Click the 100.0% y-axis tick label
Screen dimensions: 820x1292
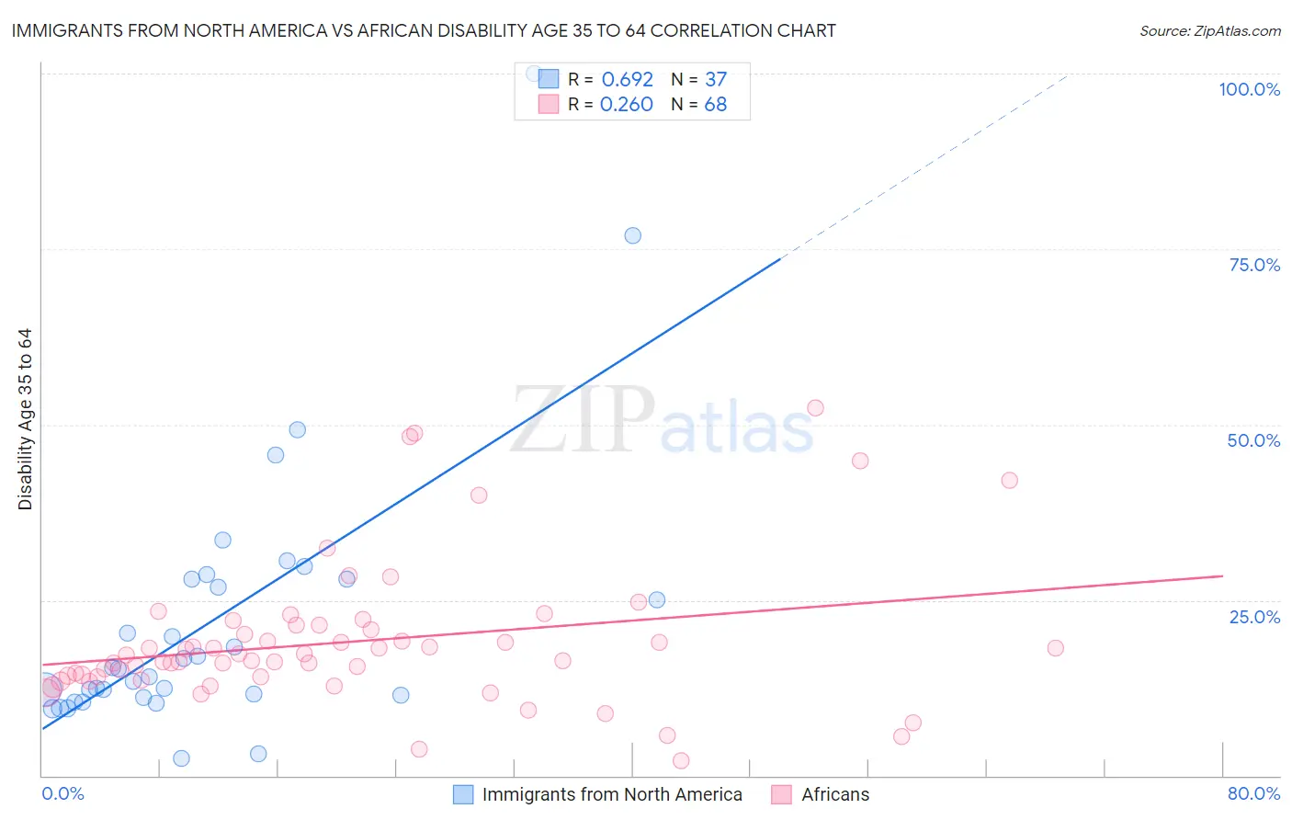tap(1249, 89)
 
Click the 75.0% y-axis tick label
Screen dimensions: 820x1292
tap(1254, 265)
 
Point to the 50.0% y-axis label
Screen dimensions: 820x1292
tap(1253, 440)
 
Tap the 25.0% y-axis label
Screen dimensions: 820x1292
tap(1254, 616)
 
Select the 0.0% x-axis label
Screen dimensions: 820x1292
tap(62, 793)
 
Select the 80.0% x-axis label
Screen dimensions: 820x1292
tap(1253, 793)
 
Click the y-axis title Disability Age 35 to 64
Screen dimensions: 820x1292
tap(25, 419)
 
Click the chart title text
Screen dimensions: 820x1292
tap(424, 30)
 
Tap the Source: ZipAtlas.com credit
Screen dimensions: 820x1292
tap(1209, 30)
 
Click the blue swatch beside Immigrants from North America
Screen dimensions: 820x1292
tap(463, 794)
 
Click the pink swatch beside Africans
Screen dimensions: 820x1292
tap(782, 794)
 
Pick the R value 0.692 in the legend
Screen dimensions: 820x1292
tap(627, 79)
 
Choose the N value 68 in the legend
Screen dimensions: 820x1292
tap(715, 105)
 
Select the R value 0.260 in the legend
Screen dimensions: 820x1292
tap(626, 105)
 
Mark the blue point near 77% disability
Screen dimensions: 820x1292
tap(632, 235)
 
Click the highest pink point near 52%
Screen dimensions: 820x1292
tap(815, 408)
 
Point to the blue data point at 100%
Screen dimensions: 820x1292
tap(533, 73)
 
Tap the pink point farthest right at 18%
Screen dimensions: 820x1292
tap(1055, 648)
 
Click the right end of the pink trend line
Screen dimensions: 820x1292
tap(1222, 575)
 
